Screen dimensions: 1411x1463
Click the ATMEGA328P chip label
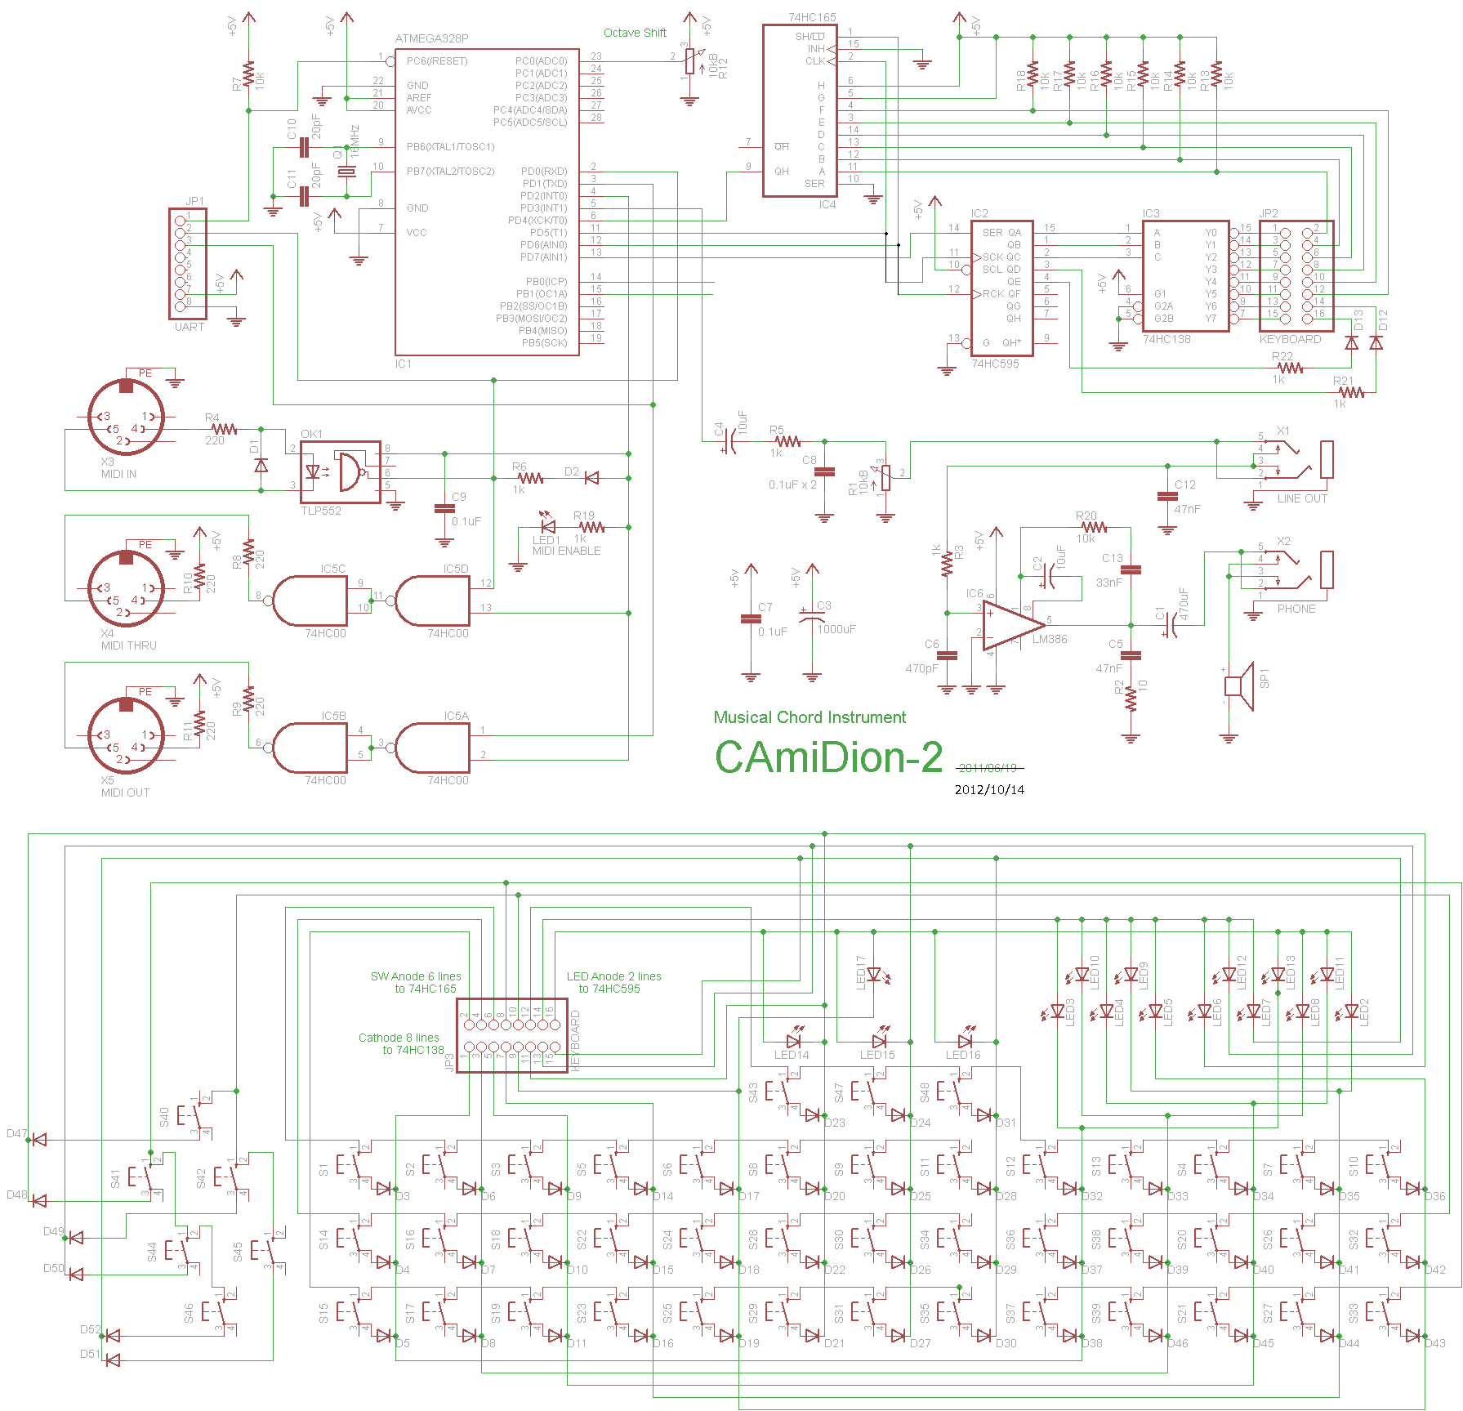(x=431, y=38)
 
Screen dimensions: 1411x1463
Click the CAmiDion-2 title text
(x=828, y=757)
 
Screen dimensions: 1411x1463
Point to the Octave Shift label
(x=635, y=33)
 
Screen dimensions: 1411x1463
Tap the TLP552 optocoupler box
(x=340, y=472)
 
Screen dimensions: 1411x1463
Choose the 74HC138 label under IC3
(x=1166, y=339)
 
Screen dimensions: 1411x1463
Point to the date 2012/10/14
(x=989, y=790)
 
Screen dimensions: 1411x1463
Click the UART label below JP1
(x=189, y=327)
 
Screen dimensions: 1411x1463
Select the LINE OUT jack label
(x=1302, y=498)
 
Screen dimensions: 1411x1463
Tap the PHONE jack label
(x=1296, y=609)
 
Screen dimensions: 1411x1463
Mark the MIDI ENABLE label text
(x=566, y=551)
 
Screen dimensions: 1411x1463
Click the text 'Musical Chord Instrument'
(x=810, y=717)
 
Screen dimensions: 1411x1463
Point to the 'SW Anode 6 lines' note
(x=415, y=976)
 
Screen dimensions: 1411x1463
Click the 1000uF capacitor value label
(x=836, y=629)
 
